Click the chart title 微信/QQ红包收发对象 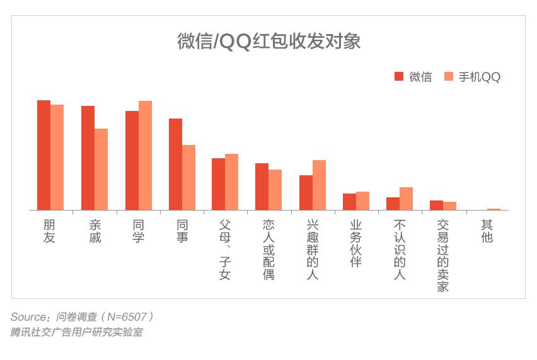click(268, 42)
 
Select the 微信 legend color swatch click(399, 76)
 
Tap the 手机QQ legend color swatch click(449, 76)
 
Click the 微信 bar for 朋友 click(43, 155)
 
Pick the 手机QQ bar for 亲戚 click(101, 169)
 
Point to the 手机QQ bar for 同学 click(145, 155)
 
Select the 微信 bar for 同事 click(175, 164)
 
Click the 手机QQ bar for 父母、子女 click(231, 182)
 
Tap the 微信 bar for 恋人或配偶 click(262, 187)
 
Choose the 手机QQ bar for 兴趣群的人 click(319, 185)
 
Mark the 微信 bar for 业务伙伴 click(349, 202)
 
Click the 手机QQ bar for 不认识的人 click(406, 199)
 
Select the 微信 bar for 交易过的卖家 click(436, 205)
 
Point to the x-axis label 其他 click(487, 231)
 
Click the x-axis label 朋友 click(49, 231)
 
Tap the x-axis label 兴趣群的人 click(312, 250)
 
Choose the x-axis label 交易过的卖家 click(442, 255)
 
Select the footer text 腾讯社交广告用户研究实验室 click(76, 332)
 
